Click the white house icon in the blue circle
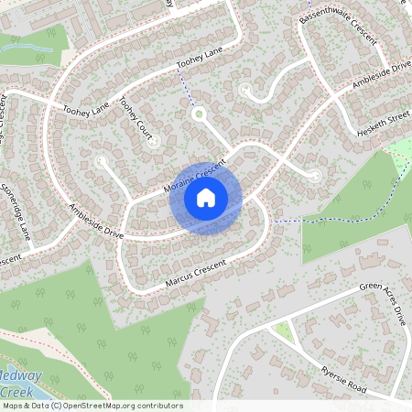coord(206,196)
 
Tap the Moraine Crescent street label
coord(194,176)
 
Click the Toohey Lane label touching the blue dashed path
coord(201,61)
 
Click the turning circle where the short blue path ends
coord(198,114)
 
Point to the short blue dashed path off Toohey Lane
coord(187,92)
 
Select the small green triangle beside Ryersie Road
coord(285,331)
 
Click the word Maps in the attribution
coord(13,406)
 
